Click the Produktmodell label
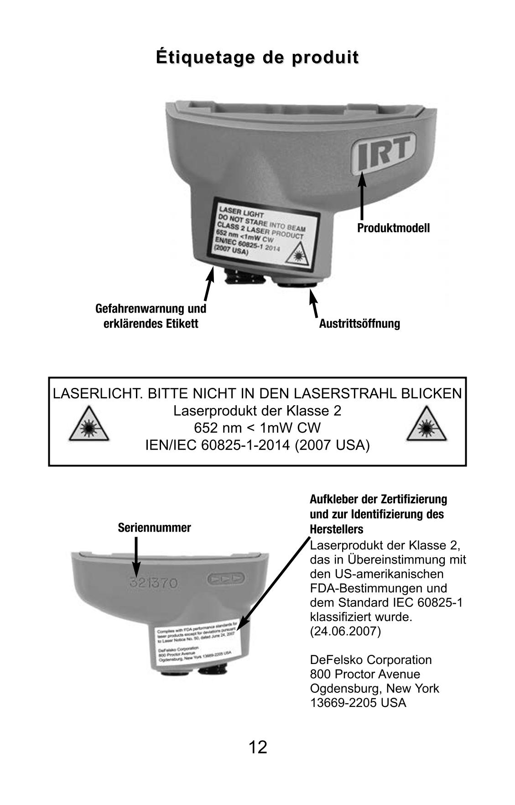coord(393,228)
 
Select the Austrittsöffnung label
coord(359,324)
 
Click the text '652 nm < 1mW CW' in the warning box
coord(257,428)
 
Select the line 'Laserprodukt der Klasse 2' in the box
coord(257,411)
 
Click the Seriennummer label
coord(154,528)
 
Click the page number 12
coord(258,747)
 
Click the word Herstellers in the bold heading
coord(337,529)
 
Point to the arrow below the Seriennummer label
coord(136,557)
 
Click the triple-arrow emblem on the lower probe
coord(226,579)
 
